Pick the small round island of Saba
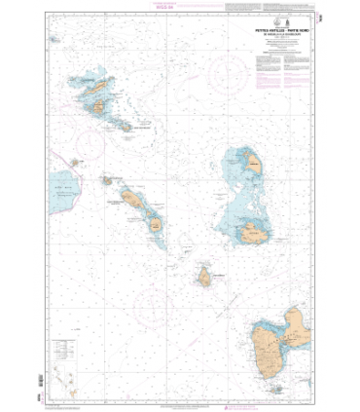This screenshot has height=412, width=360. point(75,163)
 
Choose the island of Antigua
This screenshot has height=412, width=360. point(255,234)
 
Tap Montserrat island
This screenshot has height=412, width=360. point(205,278)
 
